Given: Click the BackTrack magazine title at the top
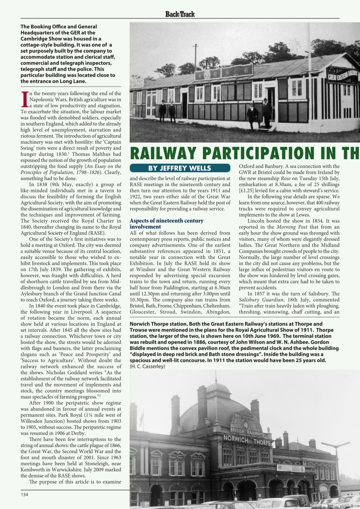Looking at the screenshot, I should tap(180, 14).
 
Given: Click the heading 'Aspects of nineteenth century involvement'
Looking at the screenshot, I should tap(166, 223).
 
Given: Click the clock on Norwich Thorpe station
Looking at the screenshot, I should tap(245, 425).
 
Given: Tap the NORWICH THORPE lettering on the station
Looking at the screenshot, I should tap(247, 440).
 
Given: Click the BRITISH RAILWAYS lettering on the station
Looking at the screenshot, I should tap(247, 432).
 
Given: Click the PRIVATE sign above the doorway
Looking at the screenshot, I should tap(269, 84).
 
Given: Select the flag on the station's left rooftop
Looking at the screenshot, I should tap(141, 418).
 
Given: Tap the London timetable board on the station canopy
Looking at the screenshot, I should tap(290, 468).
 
